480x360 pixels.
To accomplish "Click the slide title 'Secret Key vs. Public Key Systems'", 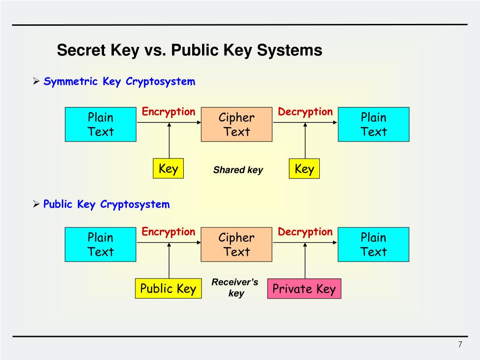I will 189,50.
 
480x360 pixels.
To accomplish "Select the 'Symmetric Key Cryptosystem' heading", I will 119,82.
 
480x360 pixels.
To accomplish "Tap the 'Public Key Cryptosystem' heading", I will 106,204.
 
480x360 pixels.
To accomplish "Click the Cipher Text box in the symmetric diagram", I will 237,124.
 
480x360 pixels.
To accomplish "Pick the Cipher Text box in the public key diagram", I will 237,244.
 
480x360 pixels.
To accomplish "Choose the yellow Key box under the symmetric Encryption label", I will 168,169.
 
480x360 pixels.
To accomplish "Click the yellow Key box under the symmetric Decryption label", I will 304,169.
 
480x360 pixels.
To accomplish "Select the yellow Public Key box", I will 168,289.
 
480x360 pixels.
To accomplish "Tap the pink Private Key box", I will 304,289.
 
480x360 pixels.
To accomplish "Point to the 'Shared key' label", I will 238,170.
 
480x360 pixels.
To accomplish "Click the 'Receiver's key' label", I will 235,288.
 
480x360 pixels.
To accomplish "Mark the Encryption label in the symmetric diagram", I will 168,112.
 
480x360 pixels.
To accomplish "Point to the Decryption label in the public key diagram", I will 305,232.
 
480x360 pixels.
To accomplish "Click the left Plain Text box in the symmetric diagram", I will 101,124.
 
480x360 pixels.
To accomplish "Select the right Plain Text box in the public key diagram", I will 374,244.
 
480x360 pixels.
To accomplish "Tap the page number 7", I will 460,345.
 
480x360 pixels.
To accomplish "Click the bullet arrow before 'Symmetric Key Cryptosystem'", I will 37,82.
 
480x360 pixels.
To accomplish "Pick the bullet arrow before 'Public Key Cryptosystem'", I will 37,205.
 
